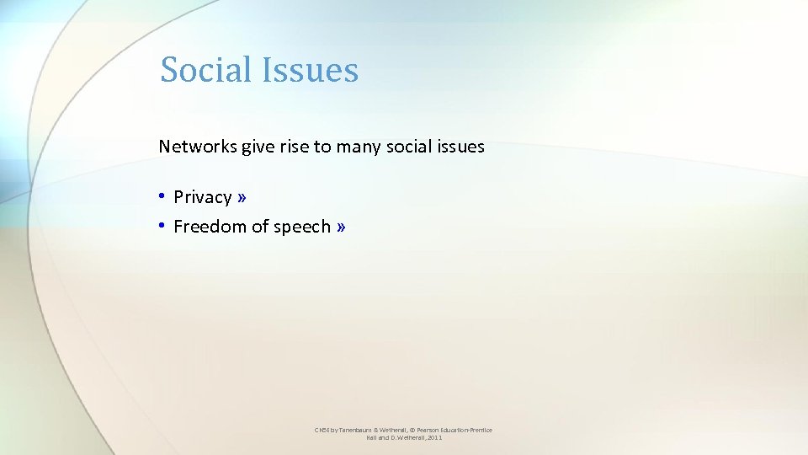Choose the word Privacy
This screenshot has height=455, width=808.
[202, 197]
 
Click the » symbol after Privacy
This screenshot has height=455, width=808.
[242, 197]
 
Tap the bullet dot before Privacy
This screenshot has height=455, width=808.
[162, 197]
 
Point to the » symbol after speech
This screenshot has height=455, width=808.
[340, 226]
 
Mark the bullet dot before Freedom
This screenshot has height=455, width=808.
[162, 226]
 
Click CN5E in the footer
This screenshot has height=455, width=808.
[322, 431]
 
